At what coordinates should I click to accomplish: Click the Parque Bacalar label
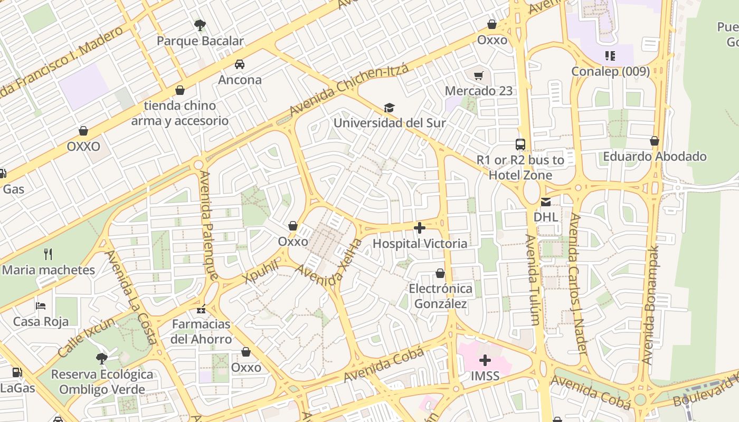(200, 41)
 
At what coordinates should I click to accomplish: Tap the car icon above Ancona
(240, 64)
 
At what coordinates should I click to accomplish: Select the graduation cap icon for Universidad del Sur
(389, 108)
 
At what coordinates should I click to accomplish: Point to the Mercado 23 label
(478, 91)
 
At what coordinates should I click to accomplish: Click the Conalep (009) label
(611, 71)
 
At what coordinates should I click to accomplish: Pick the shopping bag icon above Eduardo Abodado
(655, 141)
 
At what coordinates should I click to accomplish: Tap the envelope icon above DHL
(545, 202)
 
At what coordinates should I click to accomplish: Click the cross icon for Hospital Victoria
(420, 228)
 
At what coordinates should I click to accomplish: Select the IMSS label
(485, 376)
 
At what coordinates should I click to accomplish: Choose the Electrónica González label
(440, 296)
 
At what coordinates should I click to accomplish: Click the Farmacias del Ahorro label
(201, 331)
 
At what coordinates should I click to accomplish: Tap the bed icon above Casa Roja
(41, 306)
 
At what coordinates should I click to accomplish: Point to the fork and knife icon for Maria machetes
(48, 254)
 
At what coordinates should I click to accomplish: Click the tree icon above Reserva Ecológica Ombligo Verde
(102, 359)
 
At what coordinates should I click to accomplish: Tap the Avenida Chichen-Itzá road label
(349, 90)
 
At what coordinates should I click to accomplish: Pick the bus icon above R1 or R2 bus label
(520, 144)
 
